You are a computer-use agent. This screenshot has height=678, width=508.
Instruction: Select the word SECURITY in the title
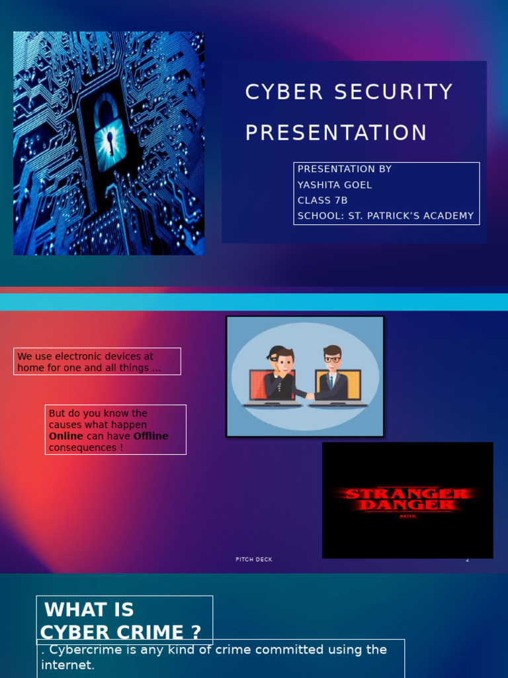394,93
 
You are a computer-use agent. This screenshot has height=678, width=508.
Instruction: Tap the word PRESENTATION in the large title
336,133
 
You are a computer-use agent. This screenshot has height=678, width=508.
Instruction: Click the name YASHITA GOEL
335,185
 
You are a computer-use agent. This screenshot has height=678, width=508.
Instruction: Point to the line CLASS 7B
322,201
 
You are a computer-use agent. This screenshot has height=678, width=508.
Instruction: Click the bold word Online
66,436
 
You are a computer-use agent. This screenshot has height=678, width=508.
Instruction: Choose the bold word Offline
151,436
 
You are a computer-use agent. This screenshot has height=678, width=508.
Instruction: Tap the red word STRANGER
407,494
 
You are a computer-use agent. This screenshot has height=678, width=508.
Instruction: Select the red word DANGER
407,506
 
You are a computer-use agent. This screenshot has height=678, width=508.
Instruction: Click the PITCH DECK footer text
254,559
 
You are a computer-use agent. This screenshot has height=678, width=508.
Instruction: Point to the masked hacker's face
283,362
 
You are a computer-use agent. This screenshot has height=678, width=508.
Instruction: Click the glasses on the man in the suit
332,360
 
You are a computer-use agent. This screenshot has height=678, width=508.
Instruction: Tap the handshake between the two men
308,396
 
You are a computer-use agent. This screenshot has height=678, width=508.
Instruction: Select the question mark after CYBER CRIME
195,632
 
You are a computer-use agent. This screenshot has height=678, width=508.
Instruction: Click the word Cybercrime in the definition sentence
81,650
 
